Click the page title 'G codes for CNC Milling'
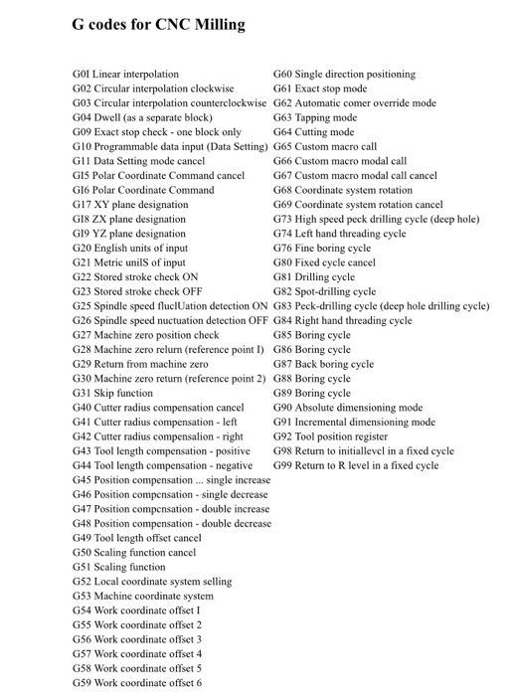click(158, 24)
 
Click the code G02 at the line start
click(84, 87)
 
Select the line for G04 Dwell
click(142, 116)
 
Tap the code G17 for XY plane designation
click(84, 204)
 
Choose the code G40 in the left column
click(84, 408)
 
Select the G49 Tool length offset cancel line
click(137, 538)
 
